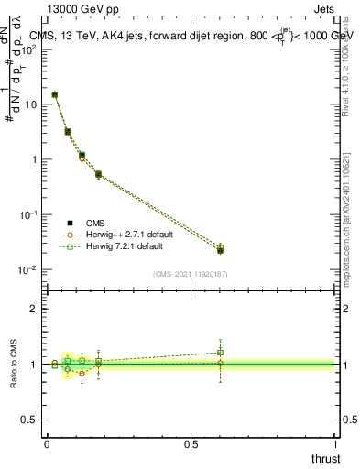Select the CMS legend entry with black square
71,223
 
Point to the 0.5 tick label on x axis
191,445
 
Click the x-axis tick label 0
47,445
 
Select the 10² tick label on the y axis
28,49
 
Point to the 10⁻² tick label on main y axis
28,269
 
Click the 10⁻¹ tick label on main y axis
28,214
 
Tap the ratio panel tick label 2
34,310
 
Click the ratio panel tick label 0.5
29,420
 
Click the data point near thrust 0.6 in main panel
221,250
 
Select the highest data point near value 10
55,94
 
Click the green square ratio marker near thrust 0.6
221,352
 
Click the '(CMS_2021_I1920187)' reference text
191,274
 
